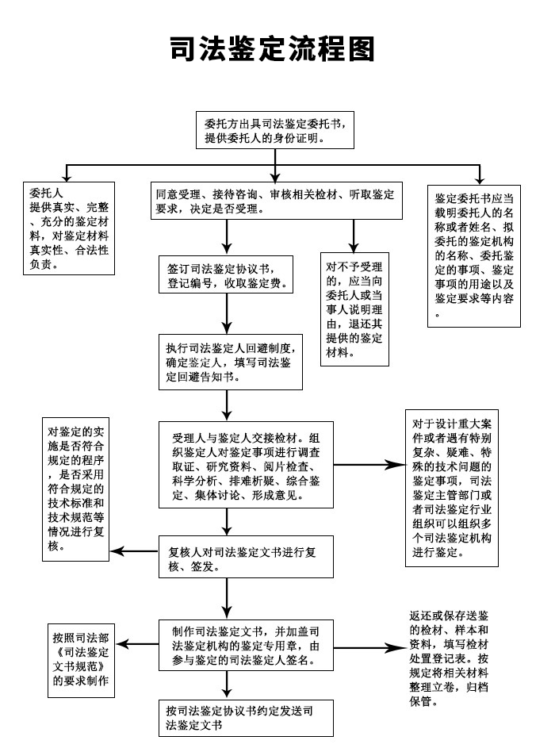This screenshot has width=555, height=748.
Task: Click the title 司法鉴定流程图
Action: pos(272,49)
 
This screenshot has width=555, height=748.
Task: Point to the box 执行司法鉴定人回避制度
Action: pos(230,362)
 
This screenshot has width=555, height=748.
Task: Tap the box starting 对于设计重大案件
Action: pos(452,485)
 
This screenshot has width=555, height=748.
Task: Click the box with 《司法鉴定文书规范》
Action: pos(82,659)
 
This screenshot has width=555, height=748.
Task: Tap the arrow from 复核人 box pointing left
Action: pos(131,551)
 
